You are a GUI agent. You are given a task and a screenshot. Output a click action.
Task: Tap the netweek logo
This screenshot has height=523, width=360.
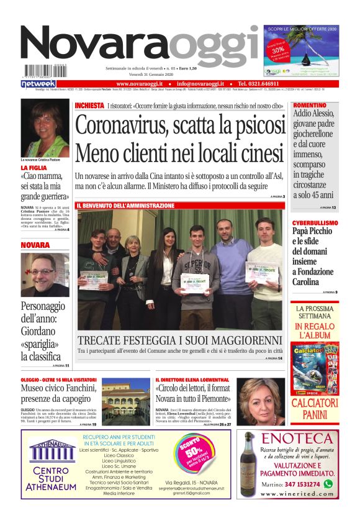(38, 83)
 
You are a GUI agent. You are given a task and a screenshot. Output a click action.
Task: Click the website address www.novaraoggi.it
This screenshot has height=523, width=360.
(139, 83)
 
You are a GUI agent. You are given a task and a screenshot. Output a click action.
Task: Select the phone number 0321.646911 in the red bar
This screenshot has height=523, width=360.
(262, 83)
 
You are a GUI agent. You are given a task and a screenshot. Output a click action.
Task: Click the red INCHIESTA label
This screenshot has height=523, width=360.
(89, 106)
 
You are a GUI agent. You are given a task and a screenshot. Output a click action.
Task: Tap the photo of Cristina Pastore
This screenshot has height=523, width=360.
(45, 129)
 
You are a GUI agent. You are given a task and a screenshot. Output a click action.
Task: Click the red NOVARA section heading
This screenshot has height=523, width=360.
(35, 245)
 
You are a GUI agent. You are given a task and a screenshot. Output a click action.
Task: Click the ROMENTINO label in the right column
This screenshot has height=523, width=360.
(309, 106)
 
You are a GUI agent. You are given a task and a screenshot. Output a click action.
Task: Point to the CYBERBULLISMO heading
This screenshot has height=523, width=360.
(315, 222)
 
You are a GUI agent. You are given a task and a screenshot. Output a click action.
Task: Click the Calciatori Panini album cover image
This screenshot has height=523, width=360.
(315, 368)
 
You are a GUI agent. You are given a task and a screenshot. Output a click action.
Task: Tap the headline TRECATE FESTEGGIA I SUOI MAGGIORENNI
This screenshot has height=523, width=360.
(179, 340)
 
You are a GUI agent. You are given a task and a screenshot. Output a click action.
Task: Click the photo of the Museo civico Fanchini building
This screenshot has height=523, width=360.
(125, 401)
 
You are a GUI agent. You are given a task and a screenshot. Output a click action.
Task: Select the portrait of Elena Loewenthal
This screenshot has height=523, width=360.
(260, 401)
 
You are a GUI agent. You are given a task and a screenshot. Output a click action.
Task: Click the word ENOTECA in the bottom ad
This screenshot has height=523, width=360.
(297, 439)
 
